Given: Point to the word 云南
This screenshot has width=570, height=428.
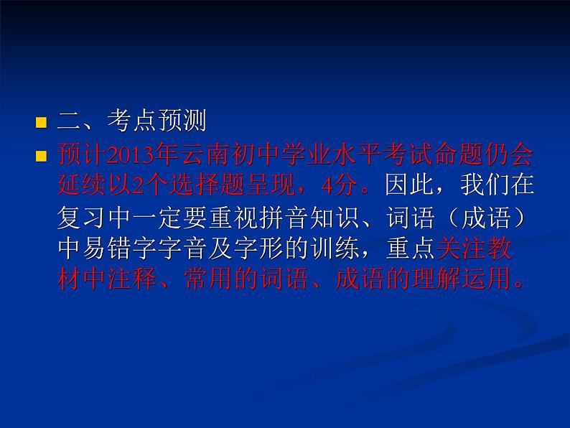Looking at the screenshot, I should (195, 154).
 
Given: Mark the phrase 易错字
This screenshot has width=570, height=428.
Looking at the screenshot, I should (126, 248).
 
